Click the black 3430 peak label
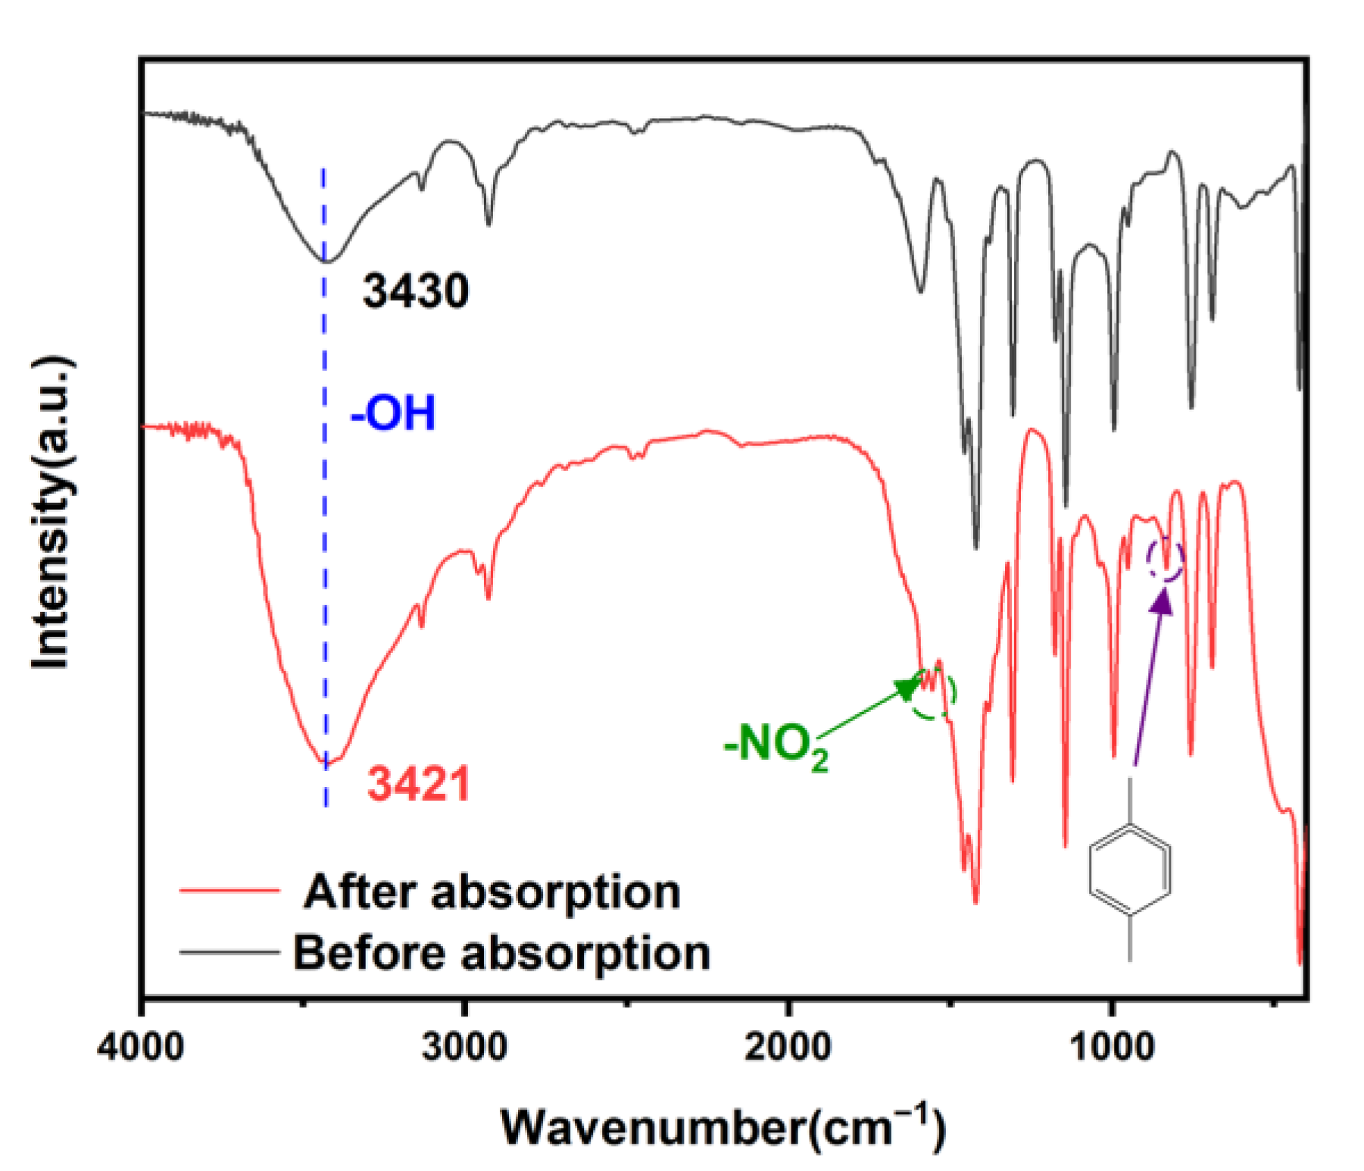pos(415,291)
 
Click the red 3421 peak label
pos(419,783)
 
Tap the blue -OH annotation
pos(393,414)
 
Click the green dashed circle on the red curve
pos(932,694)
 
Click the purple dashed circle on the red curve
pos(1165,559)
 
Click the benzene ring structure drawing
pos(1130,871)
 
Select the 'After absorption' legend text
pos(492,892)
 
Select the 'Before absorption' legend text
pos(501,952)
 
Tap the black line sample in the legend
pos(229,951)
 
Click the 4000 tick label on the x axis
pos(141,1048)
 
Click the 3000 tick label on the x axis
pos(464,1048)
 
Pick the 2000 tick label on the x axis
pos(788,1048)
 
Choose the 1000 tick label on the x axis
pos(1111,1048)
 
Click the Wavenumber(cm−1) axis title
pos(723,1127)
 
